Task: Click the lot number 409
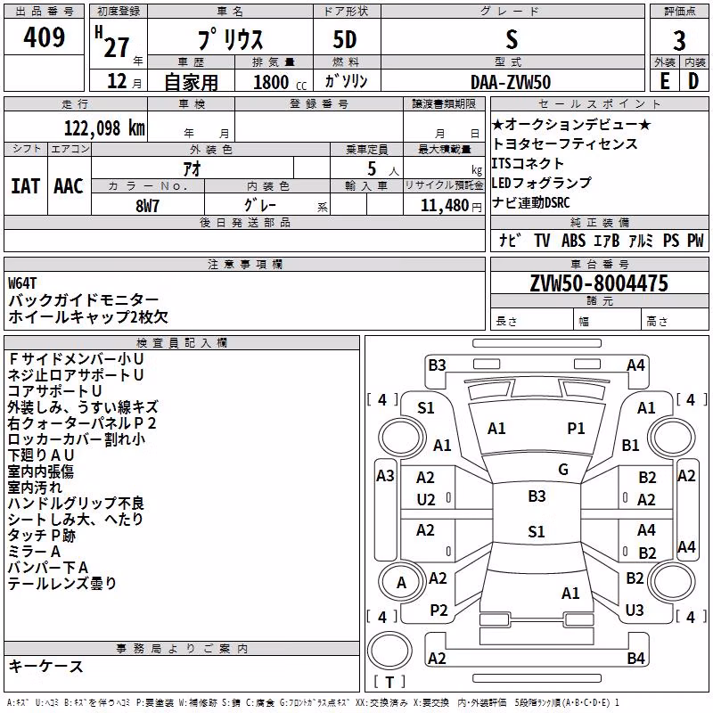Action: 44,37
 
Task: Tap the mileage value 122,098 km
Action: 104,128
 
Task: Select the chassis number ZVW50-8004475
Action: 599,283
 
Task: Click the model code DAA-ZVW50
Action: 511,82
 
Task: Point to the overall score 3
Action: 679,41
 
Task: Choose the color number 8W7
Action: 147,206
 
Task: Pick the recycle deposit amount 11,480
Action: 445,206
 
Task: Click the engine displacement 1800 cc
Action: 280,83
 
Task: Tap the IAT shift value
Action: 26,186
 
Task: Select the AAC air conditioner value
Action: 69,186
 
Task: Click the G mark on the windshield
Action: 563,470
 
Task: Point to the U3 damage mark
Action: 635,610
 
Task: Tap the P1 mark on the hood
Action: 576,429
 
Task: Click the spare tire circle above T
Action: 389,651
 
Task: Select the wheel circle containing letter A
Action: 401,582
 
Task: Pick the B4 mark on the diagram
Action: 635,658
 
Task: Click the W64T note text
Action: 21,283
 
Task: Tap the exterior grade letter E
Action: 664,82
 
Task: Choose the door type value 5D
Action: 345,40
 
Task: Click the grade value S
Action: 512,40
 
